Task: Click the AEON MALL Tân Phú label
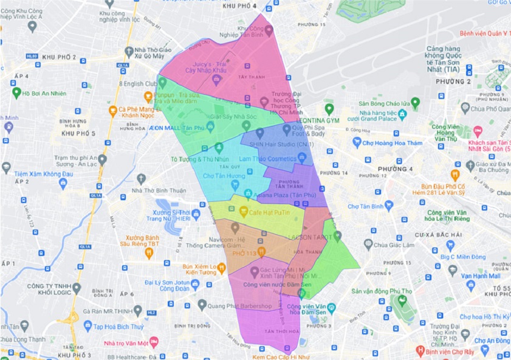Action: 176,128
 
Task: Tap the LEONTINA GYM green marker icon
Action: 329,109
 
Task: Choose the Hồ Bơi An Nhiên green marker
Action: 16,92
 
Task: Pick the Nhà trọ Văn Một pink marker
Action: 154,342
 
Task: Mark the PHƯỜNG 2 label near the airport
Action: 453,81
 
